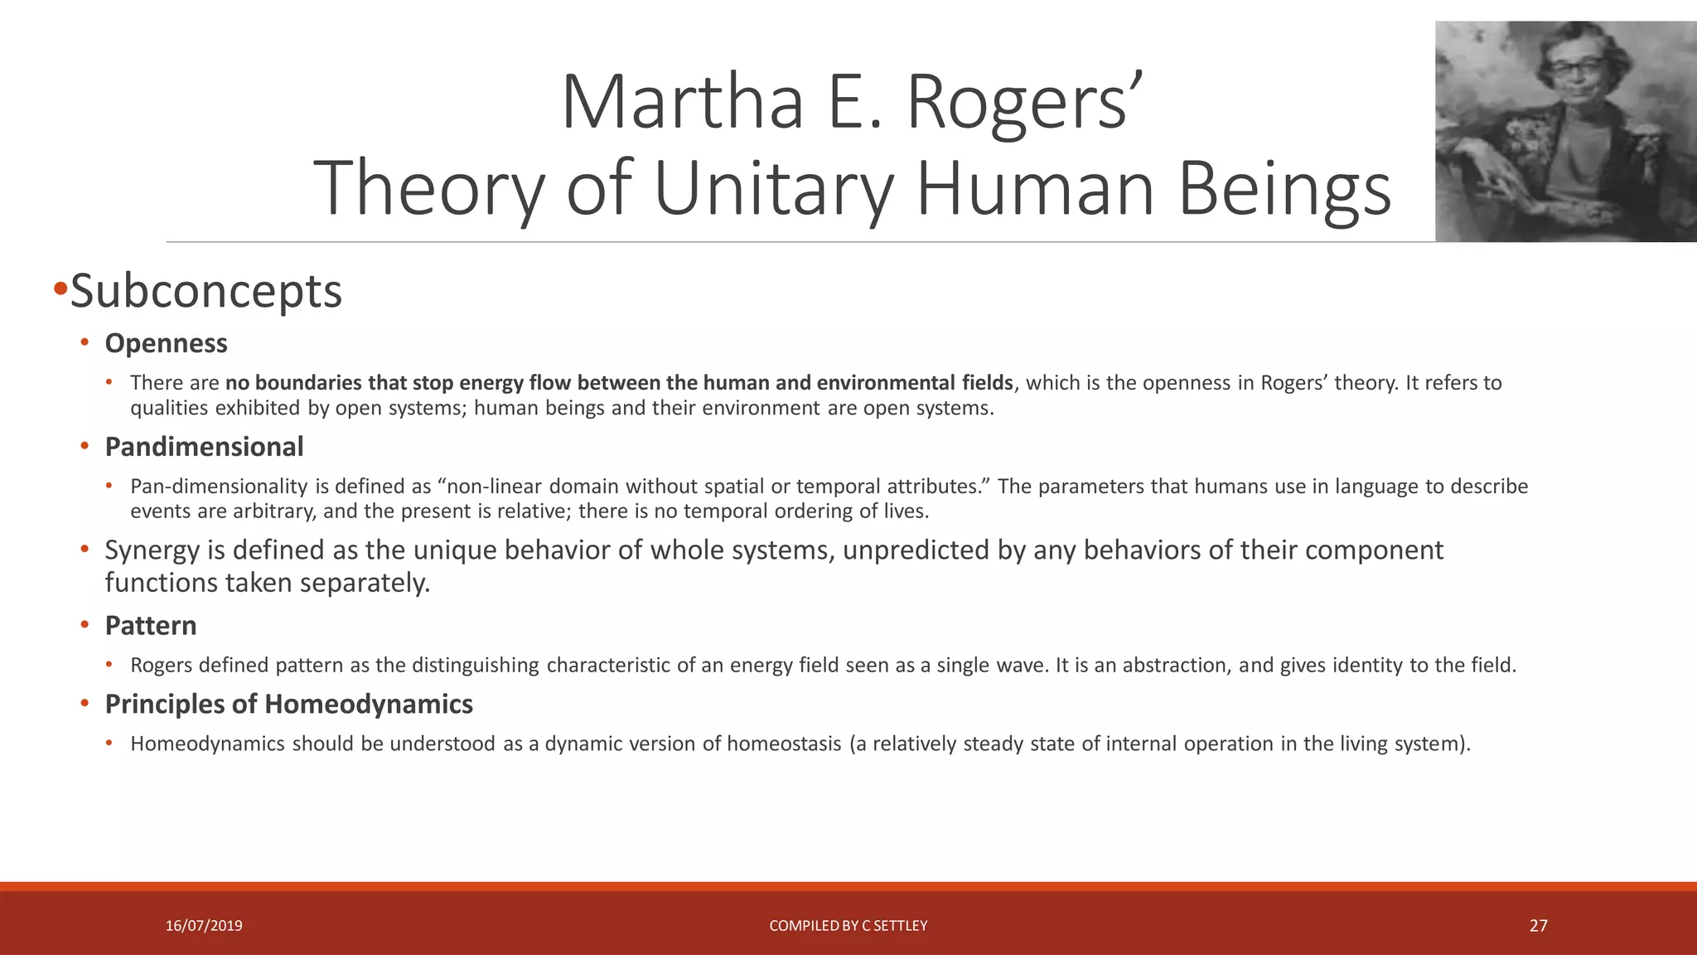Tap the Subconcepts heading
(205, 291)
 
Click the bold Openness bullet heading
(166, 343)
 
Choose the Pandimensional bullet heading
(204, 447)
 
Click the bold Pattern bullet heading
(150, 626)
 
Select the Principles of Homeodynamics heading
(288, 705)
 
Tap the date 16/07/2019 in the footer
(204, 926)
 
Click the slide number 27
(1538, 926)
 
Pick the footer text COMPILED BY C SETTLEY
(848, 926)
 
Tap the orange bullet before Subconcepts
(60, 290)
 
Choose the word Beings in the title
(1284, 188)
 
